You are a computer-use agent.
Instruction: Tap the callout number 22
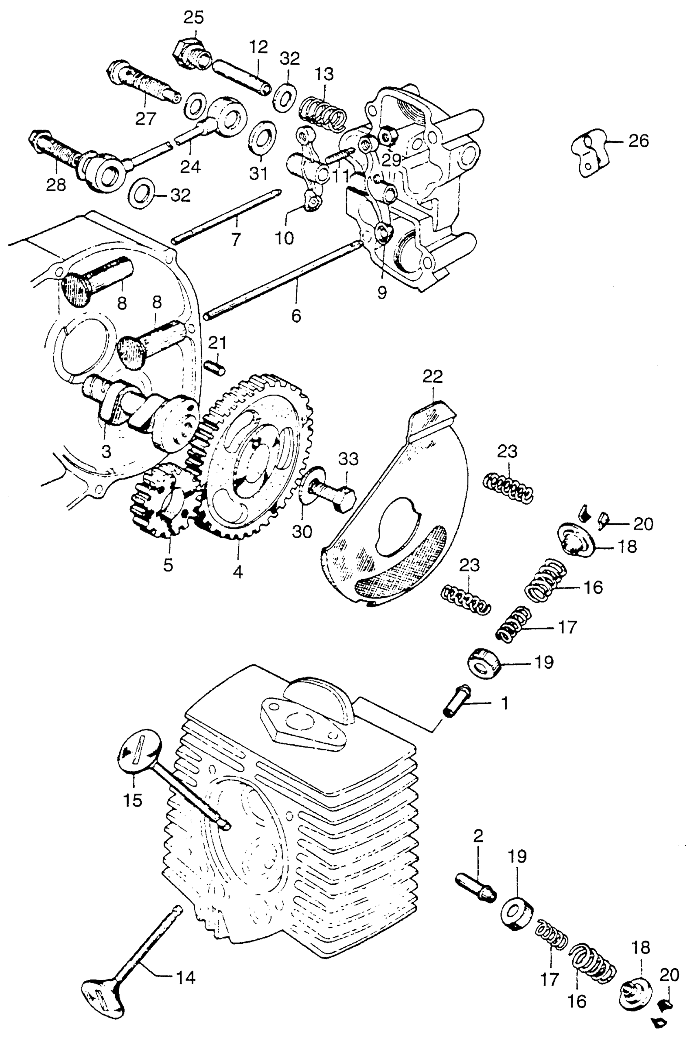pyautogui.click(x=432, y=376)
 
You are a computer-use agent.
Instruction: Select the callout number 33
pyautogui.click(x=349, y=459)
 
